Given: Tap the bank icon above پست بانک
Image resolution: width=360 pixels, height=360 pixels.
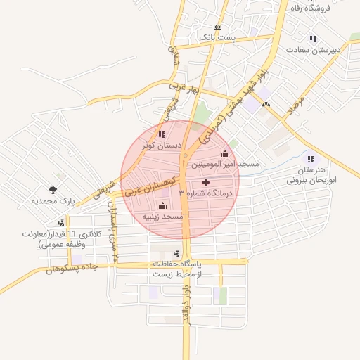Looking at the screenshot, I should coord(217,27).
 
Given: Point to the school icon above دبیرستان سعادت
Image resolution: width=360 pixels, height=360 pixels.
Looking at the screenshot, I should coord(312,39).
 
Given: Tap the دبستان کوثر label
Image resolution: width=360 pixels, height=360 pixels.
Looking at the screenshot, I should coord(162,146).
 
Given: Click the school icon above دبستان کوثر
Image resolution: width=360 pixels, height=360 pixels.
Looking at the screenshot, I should coord(162,134).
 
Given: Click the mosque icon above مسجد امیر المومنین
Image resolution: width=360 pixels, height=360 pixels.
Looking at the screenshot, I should coord(226,154).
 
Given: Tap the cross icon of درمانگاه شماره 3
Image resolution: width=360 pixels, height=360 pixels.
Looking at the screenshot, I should coord(205,182).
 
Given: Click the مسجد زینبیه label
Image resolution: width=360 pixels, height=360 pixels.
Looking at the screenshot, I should coord(162,217).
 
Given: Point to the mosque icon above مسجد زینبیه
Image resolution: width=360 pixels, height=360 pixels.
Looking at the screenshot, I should coord(163,206).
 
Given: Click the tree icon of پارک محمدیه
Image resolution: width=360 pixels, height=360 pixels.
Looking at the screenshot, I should coord(53,189).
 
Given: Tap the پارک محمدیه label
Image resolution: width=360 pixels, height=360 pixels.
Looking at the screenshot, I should coord(53,200).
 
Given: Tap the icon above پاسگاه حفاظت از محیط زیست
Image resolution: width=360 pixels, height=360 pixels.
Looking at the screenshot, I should coord(176,253).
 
